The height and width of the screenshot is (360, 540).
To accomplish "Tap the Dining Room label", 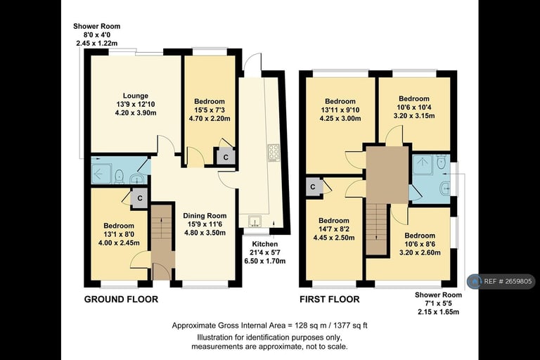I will point(205,216).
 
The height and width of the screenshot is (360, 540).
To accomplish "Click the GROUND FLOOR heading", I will point(121,300).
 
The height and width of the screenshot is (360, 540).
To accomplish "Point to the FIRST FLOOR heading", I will point(330,300).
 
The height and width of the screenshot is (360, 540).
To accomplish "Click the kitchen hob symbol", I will point(273,153).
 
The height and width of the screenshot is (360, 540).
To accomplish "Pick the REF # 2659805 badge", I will point(501,281).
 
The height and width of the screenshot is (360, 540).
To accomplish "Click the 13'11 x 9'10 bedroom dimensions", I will point(340,110).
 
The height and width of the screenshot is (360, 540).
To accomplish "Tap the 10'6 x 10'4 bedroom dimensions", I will point(414,108).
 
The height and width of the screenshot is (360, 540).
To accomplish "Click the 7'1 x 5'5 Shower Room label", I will point(438,303).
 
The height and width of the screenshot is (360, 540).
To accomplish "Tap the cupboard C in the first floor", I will point(311,187).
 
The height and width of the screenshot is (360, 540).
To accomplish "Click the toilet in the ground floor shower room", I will point(120,174).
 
